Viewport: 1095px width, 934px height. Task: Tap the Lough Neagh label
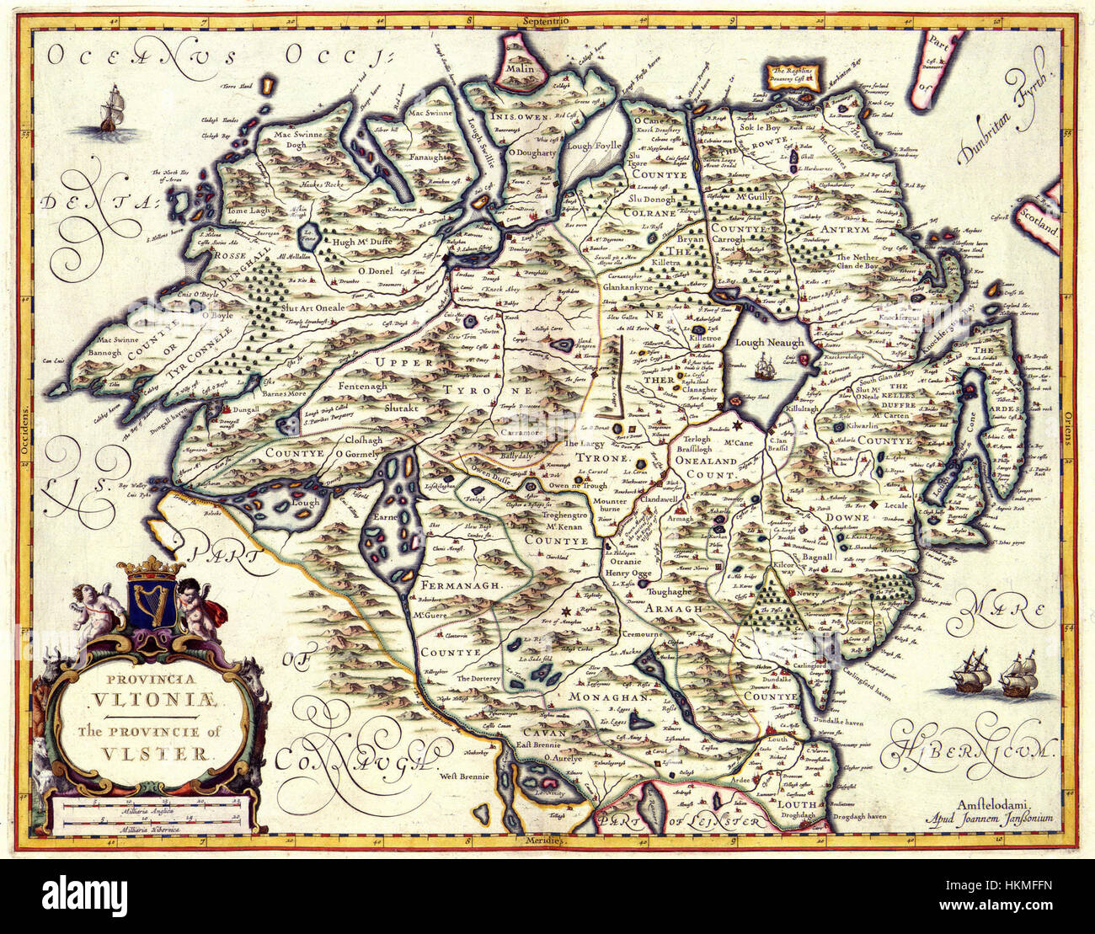pos(768,343)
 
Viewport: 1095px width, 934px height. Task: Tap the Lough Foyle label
pos(592,146)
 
